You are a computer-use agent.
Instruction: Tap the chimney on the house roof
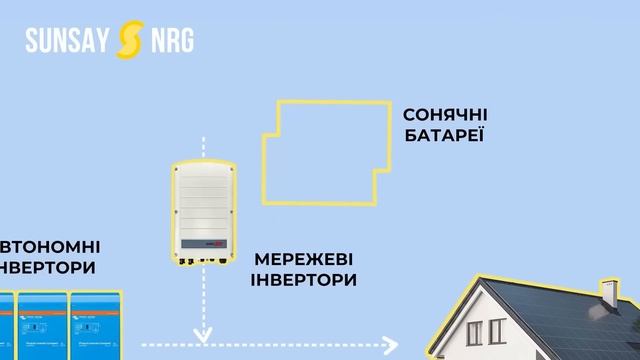pos(607,293)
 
